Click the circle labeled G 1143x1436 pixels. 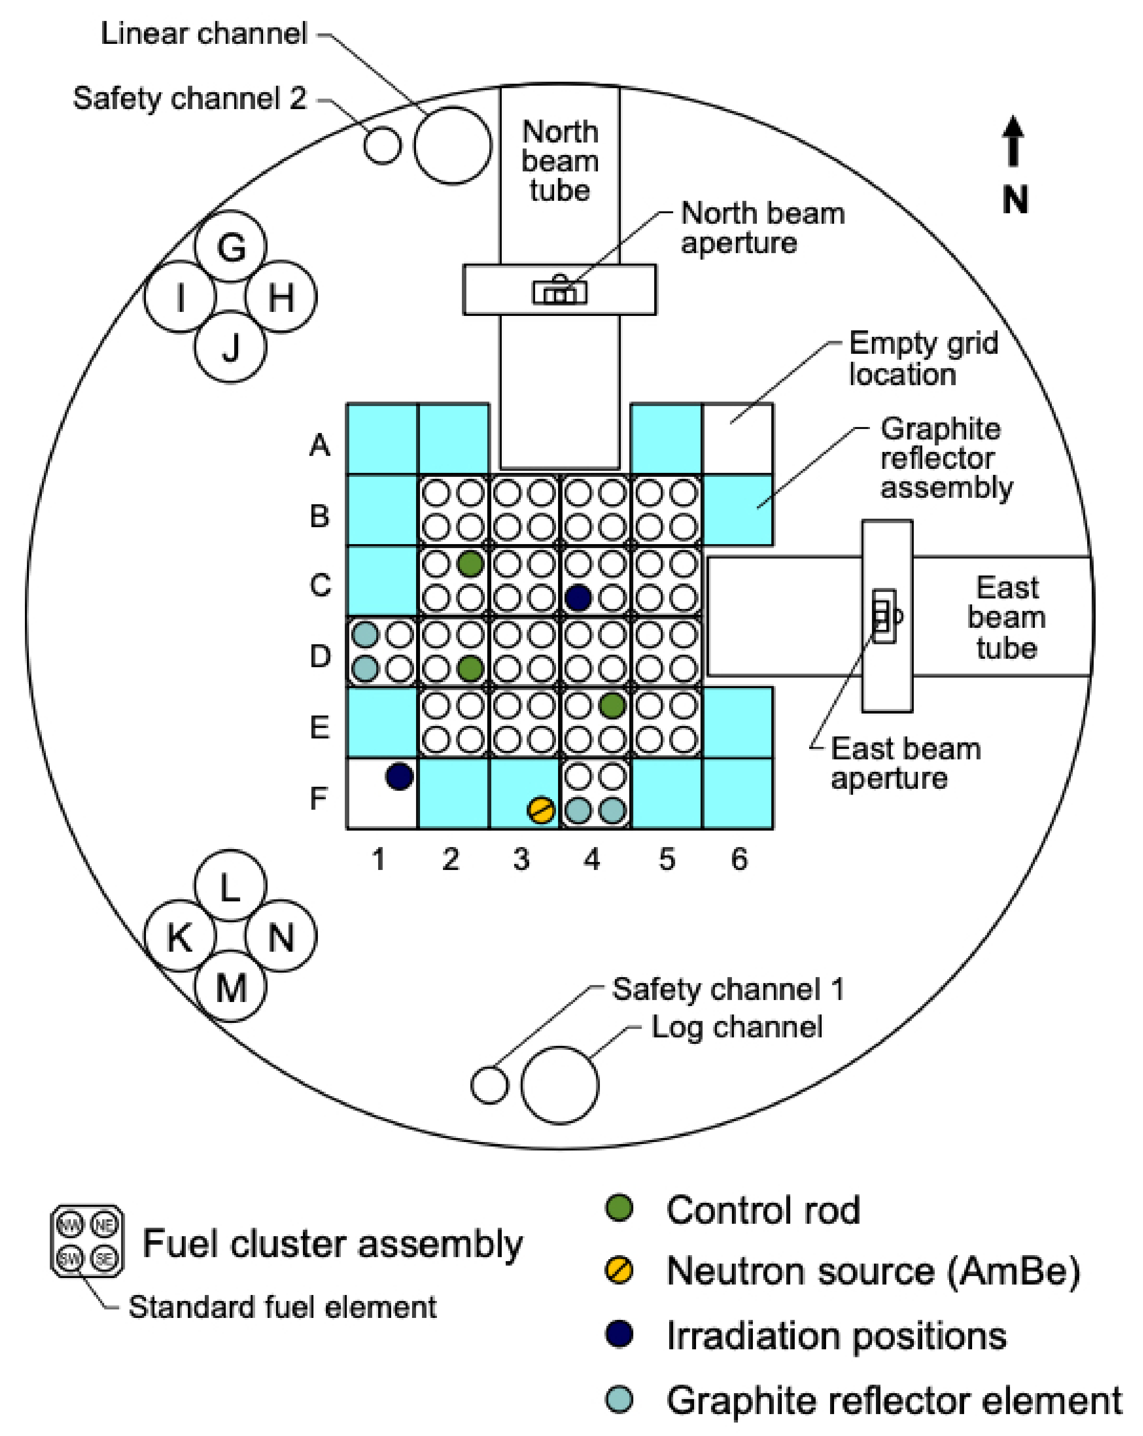click(x=231, y=247)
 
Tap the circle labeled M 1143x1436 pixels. click(x=231, y=987)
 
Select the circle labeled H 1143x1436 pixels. click(x=281, y=296)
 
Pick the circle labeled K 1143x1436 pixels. click(x=180, y=936)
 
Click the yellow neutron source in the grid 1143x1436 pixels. click(x=540, y=810)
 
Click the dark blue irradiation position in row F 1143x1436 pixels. click(x=399, y=776)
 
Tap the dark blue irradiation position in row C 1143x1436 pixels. click(x=577, y=597)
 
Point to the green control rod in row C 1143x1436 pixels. click(x=470, y=564)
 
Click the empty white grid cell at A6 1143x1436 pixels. click(x=737, y=438)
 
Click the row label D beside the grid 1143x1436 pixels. click(x=320, y=656)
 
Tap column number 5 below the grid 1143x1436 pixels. click(x=667, y=859)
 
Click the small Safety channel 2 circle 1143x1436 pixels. click(x=382, y=145)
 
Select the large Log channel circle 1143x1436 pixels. click(x=560, y=1084)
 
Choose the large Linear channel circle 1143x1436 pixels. click(x=452, y=145)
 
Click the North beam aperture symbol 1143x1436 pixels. click(x=560, y=290)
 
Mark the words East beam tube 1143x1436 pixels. click(x=1006, y=617)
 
